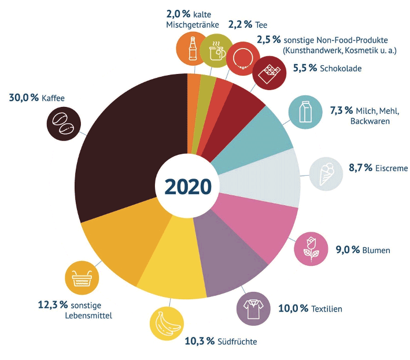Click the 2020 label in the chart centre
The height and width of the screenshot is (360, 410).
(187, 187)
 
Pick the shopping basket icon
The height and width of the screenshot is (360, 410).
(82, 279)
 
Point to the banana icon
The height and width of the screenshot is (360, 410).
(167, 324)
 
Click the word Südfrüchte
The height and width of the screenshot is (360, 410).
(237, 342)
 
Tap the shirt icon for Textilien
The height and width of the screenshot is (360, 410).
(253, 309)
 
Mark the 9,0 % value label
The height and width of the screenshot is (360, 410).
(348, 250)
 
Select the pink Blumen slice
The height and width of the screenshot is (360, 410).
(266, 225)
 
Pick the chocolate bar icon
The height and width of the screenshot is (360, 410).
(269, 72)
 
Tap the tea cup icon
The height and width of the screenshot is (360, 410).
(217, 50)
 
